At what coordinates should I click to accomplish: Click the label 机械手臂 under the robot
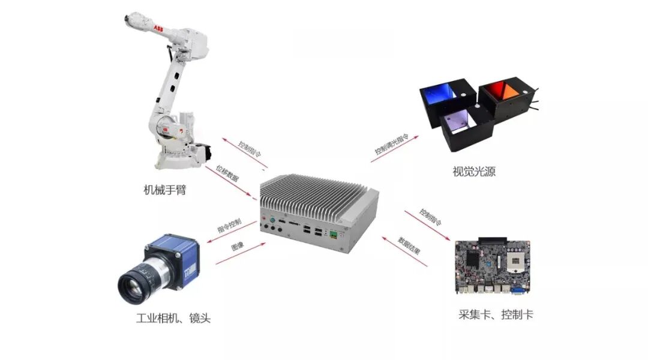(x=164, y=190)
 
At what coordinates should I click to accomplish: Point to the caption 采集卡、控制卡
(x=495, y=314)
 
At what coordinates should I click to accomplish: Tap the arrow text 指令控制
(x=229, y=226)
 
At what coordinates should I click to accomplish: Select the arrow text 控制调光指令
(x=391, y=145)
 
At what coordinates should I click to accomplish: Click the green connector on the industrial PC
(x=331, y=235)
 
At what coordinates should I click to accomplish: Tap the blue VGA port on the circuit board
(x=517, y=291)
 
